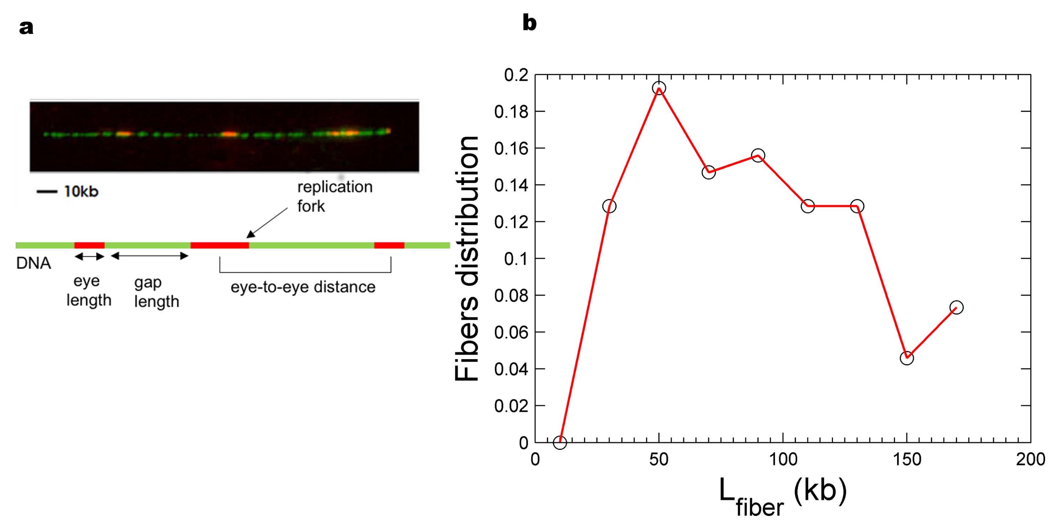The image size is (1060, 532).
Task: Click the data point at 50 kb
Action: pyautogui.click(x=659, y=88)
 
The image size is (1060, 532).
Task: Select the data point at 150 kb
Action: pyautogui.click(x=907, y=358)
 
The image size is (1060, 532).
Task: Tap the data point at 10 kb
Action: pyautogui.click(x=560, y=442)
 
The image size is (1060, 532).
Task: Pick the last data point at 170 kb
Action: pyautogui.click(x=956, y=307)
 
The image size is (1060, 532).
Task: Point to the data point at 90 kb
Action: pyautogui.click(x=758, y=155)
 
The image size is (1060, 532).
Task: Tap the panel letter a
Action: pyautogui.click(x=26, y=28)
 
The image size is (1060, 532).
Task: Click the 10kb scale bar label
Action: pyautogui.click(x=81, y=192)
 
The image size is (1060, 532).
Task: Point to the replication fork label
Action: pyautogui.click(x=334, y=196)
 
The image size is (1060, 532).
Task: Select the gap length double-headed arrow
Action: pyautogui.click(x=150, y=256)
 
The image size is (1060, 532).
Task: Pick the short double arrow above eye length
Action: pyautogui.click(x=89, y=257)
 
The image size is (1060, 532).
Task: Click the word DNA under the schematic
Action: pyautogui.click(x=33, y=263)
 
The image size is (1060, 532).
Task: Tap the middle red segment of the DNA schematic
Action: pyautogui.click(x=220, y=245)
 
